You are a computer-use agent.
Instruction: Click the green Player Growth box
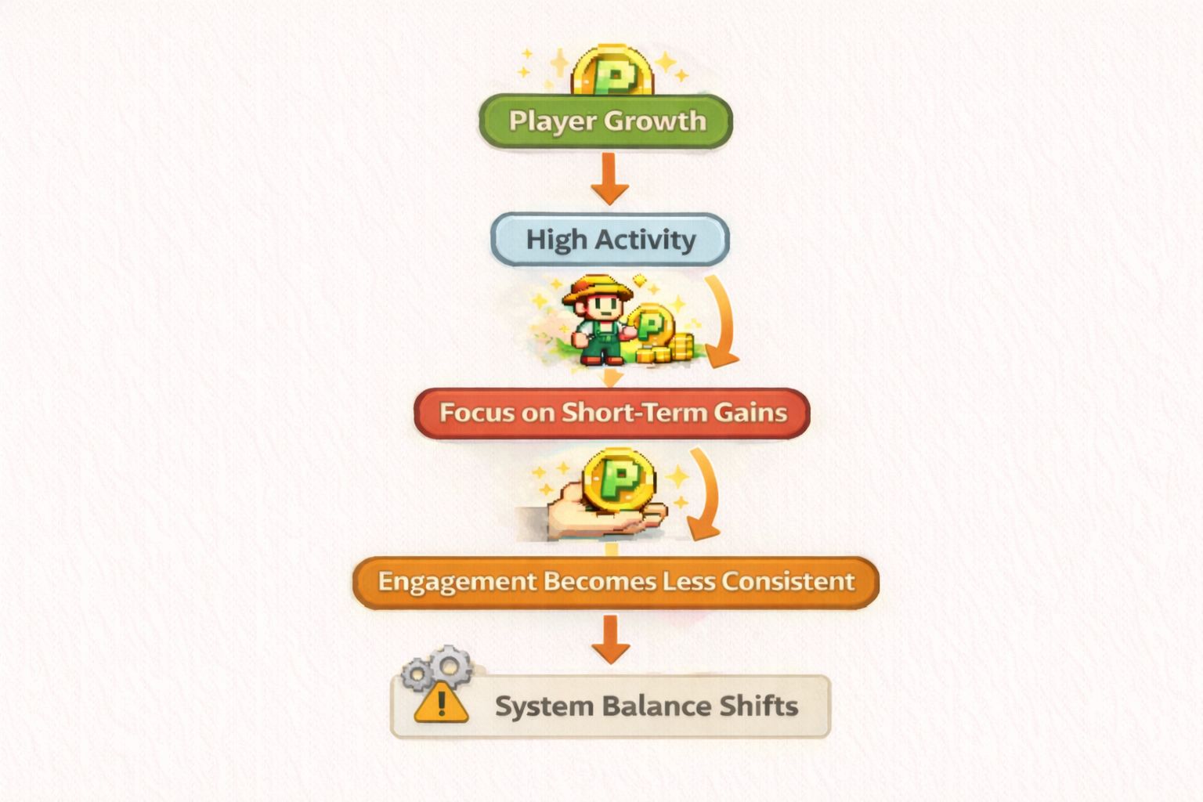pyautogui.click(x=605, y=121)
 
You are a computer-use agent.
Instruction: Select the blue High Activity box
pyautogui.click(x=610, y=239)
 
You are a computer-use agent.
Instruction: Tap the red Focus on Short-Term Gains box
pyautogui.click(x=612, y=413)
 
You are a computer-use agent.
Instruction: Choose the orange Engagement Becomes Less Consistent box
pyautogui.click(x=616, y=582)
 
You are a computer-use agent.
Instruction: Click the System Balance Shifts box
pyautogui.click(x=610, y=706)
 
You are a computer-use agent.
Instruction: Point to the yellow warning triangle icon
pyautogui.click(x=441, y=702)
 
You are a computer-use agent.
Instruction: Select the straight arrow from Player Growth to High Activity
pyautogui.click(x=609, y=179)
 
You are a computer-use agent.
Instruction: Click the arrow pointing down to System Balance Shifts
pyautogui.click(x=611, y=638)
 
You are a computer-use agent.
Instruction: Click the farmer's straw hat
pyautogui.click(x=597, y=289)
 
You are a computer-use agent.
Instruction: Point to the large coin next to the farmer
pyautogui.click(x=650, y=325)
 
